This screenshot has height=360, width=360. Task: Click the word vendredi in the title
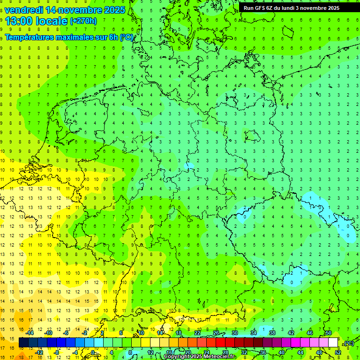click(x=23, y=10)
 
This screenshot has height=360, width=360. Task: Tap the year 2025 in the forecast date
click(x=113, y=10)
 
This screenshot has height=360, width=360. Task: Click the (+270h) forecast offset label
click(x=83, y=21)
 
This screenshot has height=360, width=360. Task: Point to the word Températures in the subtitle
click(x=29, y=37)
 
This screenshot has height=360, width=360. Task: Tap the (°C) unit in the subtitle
click(x=127, y=37)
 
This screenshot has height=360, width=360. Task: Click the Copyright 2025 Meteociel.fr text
click(x=200, y=356)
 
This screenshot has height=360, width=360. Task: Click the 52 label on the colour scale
click(x=337, y=352)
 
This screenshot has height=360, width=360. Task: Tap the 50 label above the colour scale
click(x=328, y=332)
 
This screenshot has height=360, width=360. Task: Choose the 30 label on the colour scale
click(x=234, y=332)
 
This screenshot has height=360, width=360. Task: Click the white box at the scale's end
click(x=333, y=343)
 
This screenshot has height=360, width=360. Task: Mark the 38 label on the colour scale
click(x=272, y=332)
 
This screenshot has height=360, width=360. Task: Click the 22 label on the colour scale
click(x=197, y=332)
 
